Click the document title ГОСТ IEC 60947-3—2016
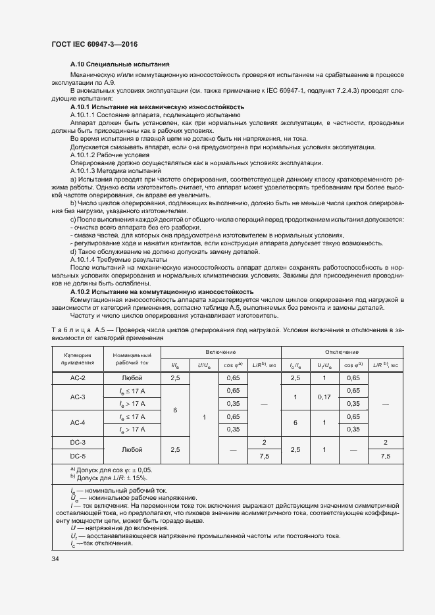(94, 45)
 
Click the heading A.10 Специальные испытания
(120, 64)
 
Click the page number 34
(55, 559)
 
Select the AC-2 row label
(78, 378)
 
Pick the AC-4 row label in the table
(78, 422)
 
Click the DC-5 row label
(78, 455)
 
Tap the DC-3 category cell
(78, 442)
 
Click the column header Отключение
(342, 353)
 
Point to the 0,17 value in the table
(324, 397)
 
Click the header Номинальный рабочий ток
(132, 358)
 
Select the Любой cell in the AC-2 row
(132, 378)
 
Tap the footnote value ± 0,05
(141, 470)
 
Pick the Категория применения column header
(78, 358)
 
